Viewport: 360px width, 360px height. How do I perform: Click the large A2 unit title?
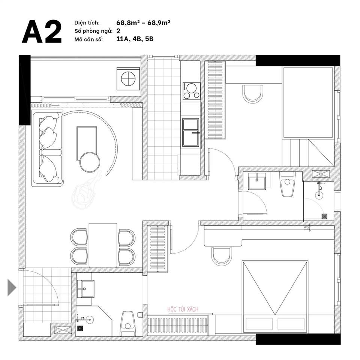[x=42, y=31]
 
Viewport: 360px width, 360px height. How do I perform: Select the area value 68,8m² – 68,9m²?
[x=143, y=23]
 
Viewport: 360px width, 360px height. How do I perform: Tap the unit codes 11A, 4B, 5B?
[x=135, y=39]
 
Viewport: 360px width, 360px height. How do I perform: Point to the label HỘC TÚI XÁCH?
[x=183, y=309]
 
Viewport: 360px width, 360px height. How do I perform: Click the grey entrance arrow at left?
[x=12, y=288]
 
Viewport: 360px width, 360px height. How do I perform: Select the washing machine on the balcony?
[x=128, y=78]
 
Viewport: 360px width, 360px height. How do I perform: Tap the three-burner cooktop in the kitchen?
[x=191, y=91]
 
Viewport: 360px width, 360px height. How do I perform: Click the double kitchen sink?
[x=190, y=132]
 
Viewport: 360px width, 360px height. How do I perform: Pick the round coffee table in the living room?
[x=90, y=162]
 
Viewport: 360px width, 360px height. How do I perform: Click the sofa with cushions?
[x=48, y=148]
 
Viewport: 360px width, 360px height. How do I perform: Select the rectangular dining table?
[x=103, y=245]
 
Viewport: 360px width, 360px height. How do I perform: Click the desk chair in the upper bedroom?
[x=253, y=94]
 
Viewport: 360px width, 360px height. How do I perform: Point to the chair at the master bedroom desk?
[x=221, y=256]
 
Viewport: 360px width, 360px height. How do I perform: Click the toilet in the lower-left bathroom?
[x=127, y=323]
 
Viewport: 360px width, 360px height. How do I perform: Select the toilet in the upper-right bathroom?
[x=287, y=184]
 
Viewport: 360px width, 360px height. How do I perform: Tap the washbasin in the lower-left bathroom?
[x=85, y=289]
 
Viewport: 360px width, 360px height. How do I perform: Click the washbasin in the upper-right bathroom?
[x=257, y=181]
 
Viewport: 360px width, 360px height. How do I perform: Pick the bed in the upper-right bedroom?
[x=308, y=103]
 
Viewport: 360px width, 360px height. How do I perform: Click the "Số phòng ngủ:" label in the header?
[x=93, y=31]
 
